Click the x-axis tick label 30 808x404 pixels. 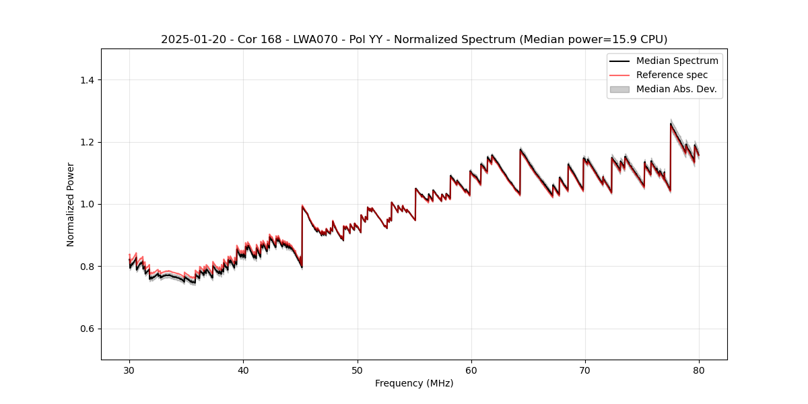[129, 370]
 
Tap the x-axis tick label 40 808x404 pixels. [243, 370]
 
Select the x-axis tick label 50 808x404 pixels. [357, 370]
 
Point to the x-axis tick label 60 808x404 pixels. [471, 370]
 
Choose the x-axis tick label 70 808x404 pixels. [584, 370]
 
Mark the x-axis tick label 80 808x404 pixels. [698, 370]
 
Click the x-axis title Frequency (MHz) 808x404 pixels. [414, 383]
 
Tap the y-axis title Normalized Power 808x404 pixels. [71, 204]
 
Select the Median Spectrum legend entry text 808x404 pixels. [677, 61]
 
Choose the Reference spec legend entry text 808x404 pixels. [672, 75]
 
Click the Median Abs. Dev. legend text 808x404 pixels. [676, 89]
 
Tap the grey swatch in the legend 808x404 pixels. [619, 89]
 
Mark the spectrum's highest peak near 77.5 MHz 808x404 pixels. [671, 123]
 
